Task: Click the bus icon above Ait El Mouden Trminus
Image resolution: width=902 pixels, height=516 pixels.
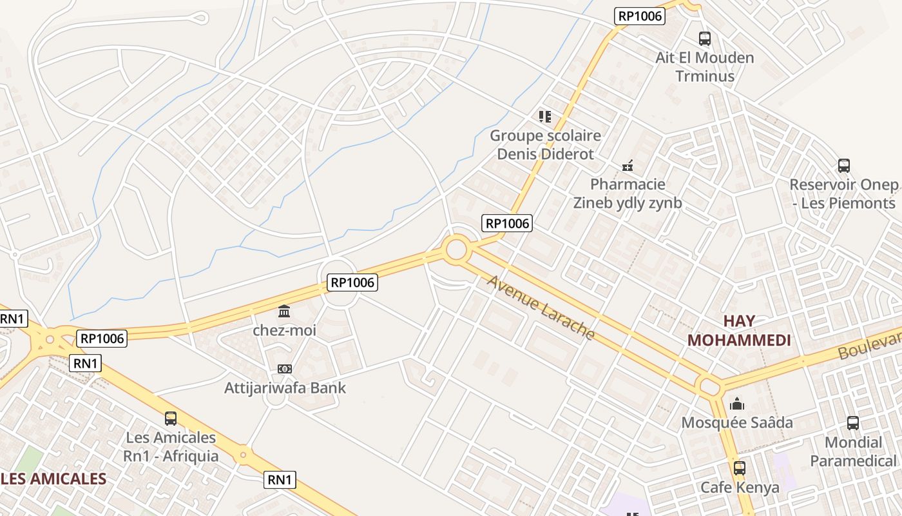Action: pyautogui.click(x=705, y=39)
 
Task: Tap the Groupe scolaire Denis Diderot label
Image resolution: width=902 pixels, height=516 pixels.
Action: pyautogui.click(x=545, y=145)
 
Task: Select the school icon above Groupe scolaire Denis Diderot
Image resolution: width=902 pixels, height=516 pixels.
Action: pyautogui.click(x=545, y=117)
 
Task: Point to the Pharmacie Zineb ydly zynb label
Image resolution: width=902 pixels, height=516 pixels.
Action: pyautogui.click(x=628, y=193)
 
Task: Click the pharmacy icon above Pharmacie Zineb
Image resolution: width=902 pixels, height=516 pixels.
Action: pyautogui.click(x=628, y=166)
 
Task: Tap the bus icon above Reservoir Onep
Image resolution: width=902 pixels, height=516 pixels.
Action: pyautogui.click(x=844, y=166)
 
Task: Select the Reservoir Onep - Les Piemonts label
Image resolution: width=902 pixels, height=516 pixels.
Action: pyautogui.click(x=843, y=193)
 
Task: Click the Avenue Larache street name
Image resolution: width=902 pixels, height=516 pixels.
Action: pyautogui.click(x=541, y=308)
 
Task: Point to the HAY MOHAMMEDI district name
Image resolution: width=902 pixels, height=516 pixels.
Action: pyautogui.click(x=739, y=330)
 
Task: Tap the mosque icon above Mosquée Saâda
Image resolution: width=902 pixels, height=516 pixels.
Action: pyautogui.click(x=737, y=404)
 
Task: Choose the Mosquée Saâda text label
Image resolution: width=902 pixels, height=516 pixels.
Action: pyautogui.click(x=737, y=423)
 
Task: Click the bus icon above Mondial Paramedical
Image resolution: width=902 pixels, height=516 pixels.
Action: pyautogui.click(x=853, y=423)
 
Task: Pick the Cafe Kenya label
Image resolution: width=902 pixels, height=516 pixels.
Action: pyautogui.click(x=740, y=487)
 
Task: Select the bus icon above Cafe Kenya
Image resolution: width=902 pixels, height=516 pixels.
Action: pyautogui.click(x=740, y=468)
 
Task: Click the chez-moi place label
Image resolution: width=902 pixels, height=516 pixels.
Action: pyautogui.click(x=284, y=330)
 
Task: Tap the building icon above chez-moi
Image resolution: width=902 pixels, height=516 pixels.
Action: pyautogui.click(x=284, y=312)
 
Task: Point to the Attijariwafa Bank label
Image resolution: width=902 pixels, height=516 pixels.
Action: pyautogui.click(x=285, y=388)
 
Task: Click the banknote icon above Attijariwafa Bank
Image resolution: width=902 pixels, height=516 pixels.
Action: pyautogui.click(x=285, y=369)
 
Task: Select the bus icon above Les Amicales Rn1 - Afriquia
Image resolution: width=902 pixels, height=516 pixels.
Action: pyautogui.click(x=171, y=419)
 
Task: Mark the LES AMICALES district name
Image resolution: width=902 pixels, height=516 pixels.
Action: pyautogui.click(x=54, y=479)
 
